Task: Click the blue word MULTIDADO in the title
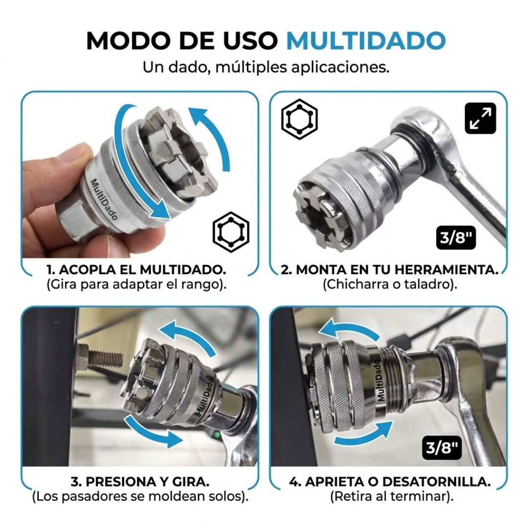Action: point(366,41)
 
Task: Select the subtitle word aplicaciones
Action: point(340,67)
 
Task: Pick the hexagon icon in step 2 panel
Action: point(299,119)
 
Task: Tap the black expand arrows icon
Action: point(481,118)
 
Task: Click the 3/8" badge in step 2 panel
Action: point(456,238)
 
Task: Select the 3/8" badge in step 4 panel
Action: point(442,448)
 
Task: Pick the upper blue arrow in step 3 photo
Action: point(189,333)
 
